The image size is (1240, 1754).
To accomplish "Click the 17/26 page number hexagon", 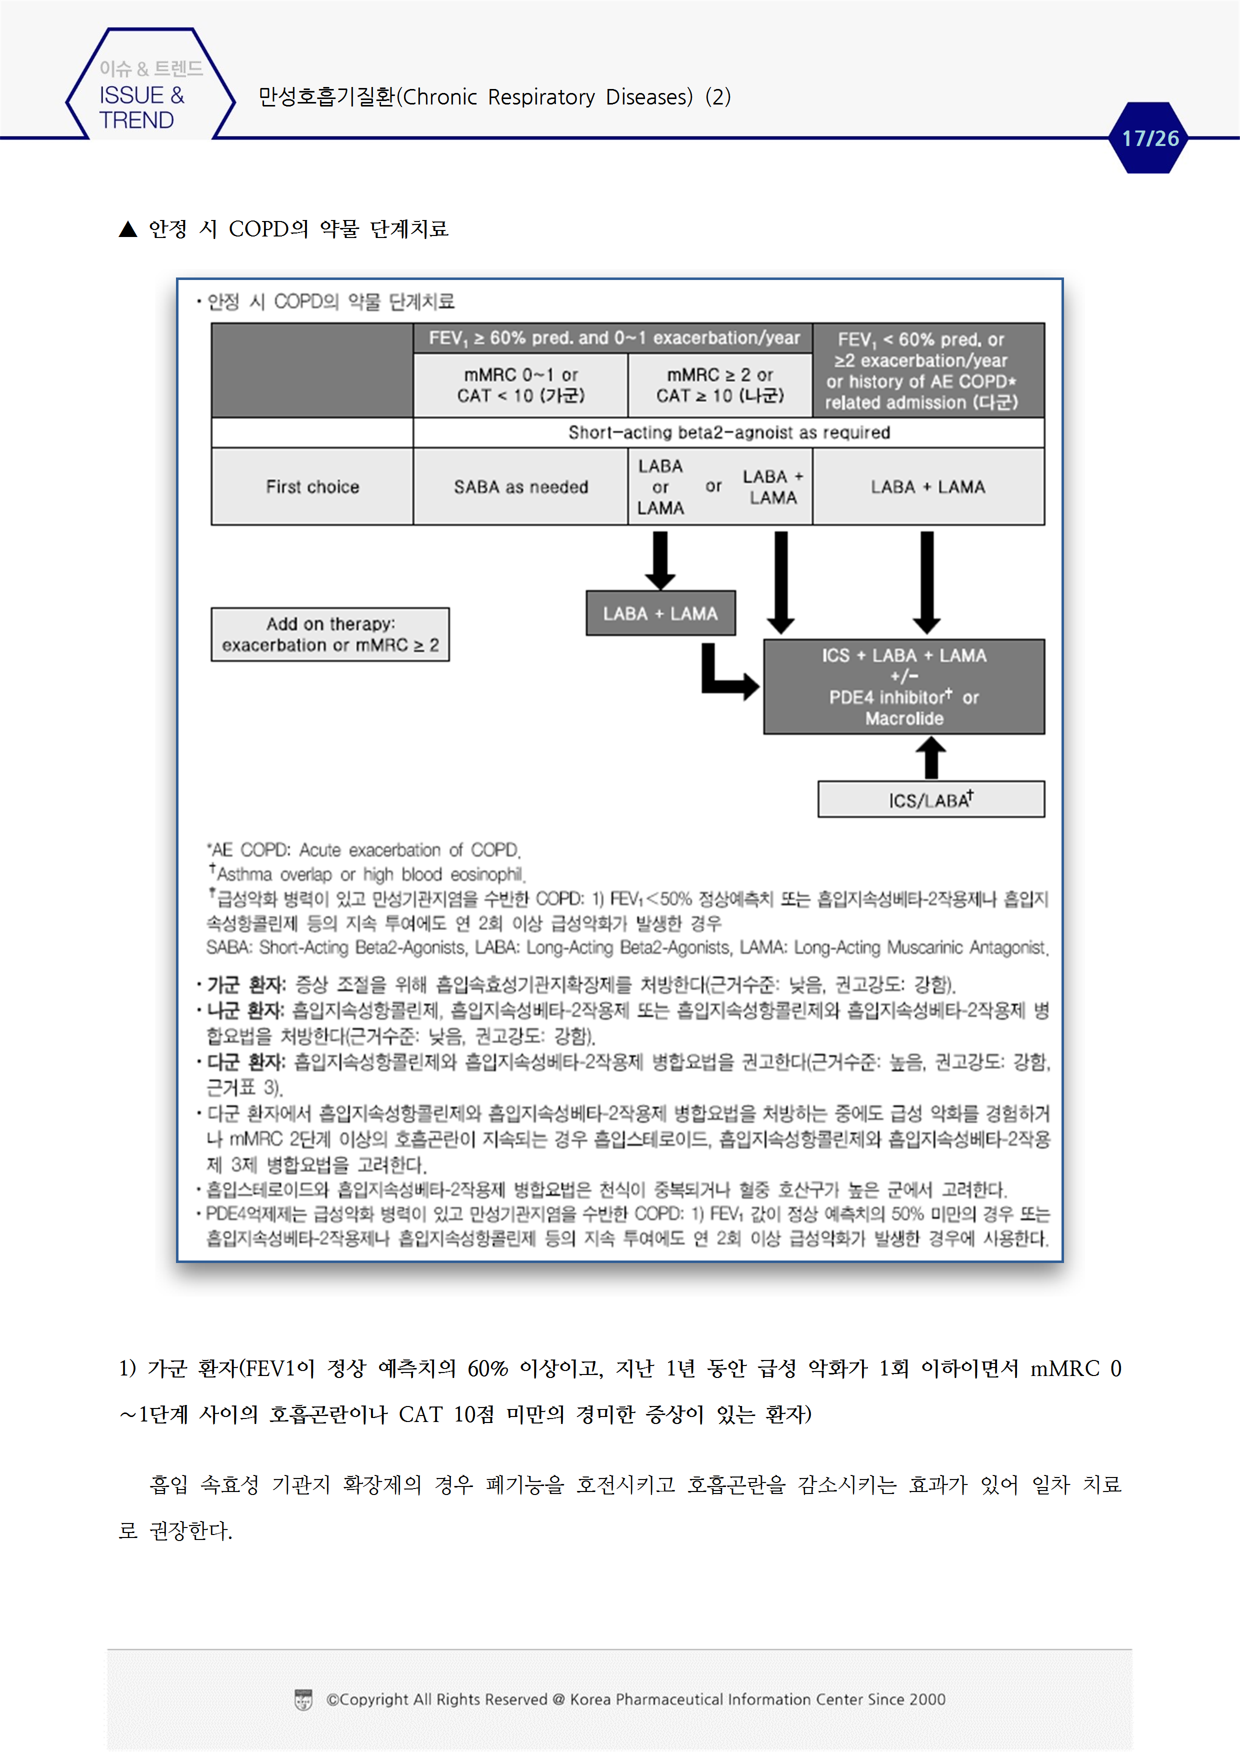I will [x=1148, y=138].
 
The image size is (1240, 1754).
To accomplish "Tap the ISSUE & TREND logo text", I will [x=141, y=107].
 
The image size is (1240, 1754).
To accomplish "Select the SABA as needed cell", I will [x=520, y=486].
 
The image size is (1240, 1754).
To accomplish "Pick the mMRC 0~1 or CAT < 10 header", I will [x=520, y=385].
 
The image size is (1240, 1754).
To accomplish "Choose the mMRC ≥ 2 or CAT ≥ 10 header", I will [x=719, y=385].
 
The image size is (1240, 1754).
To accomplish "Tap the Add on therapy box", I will [x=330, y=634].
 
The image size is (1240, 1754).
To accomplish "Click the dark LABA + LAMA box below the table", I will [x=660, y=613].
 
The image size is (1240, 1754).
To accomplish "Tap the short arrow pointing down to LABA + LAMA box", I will [x=660, y=560].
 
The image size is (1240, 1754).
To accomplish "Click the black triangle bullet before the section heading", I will [x=127, y=229].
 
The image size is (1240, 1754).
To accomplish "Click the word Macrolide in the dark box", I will [x=904, y=718].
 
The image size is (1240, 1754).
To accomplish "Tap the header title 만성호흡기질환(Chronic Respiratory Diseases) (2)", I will [x=494, y=97].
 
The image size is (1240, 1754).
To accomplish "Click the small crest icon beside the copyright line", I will [x=303, y=1700].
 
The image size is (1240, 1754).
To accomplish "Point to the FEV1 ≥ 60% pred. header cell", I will [x=612, y=337].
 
